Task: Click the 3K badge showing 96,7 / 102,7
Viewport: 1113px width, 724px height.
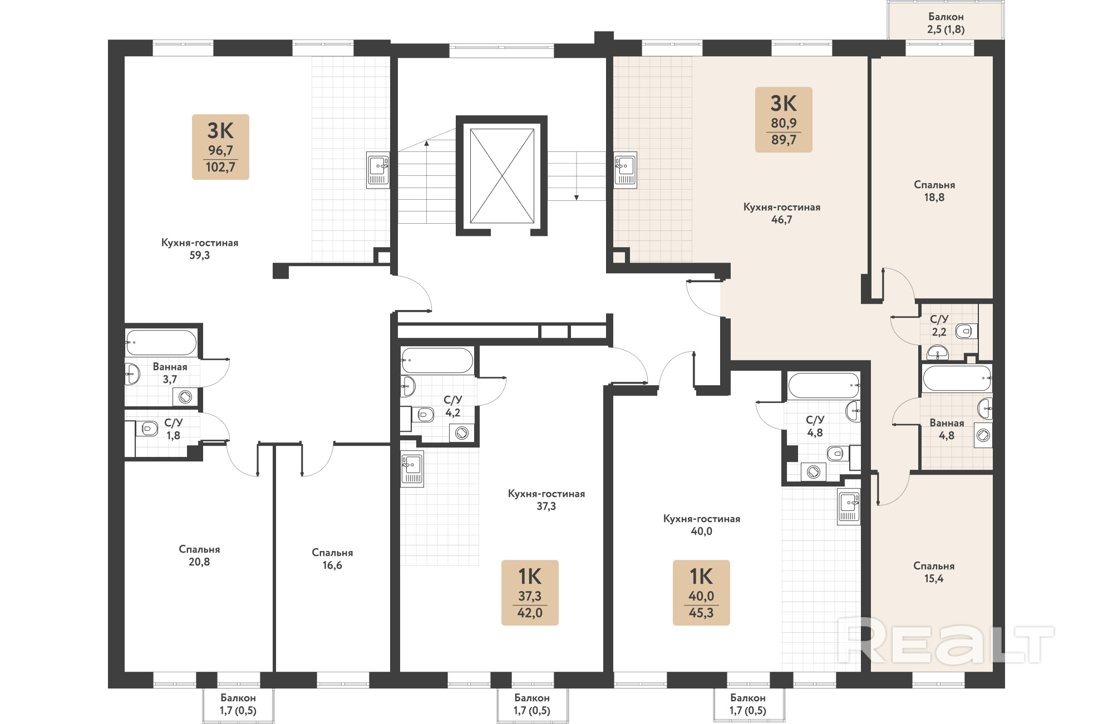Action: pos(220,147)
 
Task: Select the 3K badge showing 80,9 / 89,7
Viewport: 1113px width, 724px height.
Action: pos(784,120)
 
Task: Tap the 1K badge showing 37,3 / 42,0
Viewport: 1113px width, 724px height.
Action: pos(530,593)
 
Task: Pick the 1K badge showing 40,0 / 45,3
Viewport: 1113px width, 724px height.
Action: pos(701,593)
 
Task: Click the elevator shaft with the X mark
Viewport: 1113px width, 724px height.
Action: pos(502,176)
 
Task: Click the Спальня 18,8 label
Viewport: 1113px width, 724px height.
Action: pos(934,191)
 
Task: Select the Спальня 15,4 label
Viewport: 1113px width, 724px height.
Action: pos(934,572)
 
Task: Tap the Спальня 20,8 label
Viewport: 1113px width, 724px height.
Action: pos(199,555)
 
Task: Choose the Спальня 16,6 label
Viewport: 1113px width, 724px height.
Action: pos(332,559)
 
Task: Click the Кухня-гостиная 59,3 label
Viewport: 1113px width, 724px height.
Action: pos(200,249)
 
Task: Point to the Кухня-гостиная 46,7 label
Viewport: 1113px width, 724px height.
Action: pos(782,213)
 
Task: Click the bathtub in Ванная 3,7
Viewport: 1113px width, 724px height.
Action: pos(161,342)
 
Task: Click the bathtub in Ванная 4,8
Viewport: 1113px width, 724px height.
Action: pos(957,378)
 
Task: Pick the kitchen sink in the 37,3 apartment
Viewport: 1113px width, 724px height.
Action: pos(412,469)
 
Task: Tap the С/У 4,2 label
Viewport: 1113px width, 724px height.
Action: pos(453,406)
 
